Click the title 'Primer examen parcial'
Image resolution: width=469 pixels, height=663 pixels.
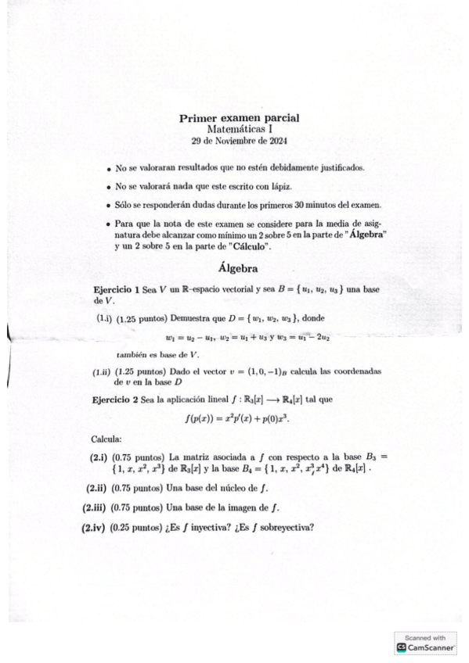pyautogui.click(x=240, y=118)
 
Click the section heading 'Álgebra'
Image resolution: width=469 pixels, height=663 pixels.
pyautogui.click(x=240, y=268)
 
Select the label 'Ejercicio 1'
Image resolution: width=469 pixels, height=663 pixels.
pyautogui.click(x=116, y=289)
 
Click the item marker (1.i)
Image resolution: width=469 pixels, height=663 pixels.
pyautogui.click(x=104, y=319)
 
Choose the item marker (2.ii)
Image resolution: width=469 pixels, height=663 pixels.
pyautogui.click(x=98, y=489)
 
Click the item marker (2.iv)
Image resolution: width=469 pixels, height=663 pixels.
pyautogui.click(x=95, y=526)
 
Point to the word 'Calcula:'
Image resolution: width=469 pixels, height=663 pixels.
pyautogui.click(x=106, y=439)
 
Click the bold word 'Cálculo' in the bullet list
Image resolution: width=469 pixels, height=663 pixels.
pyautogui.click(x=247, y=246)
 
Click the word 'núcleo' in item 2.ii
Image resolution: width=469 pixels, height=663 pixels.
pyautogui.click(x=234, y=489)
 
